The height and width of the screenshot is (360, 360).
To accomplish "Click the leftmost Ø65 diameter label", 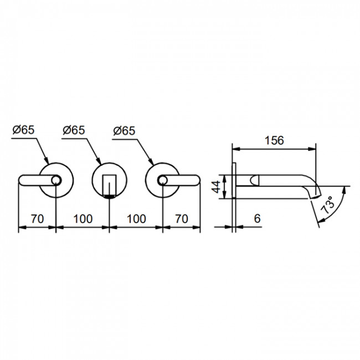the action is (x=24, y=130).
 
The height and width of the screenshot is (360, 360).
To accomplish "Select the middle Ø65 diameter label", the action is (x=74, y=130).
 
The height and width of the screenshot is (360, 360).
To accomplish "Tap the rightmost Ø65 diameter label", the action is (x=125, y=131).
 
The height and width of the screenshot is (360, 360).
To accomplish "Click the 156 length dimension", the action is (x=274, y=140).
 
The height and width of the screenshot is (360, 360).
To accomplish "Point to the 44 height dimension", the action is (x=216, y=187).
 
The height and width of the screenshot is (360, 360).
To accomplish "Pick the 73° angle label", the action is (x=328, y=205).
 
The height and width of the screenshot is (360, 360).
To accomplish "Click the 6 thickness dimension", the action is (x=258, y=218).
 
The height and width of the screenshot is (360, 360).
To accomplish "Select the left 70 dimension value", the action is (x=38, y=219).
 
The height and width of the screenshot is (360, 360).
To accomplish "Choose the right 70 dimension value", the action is (x=182, y=219).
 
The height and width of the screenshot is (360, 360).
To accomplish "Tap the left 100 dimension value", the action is (x=83, y=219).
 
